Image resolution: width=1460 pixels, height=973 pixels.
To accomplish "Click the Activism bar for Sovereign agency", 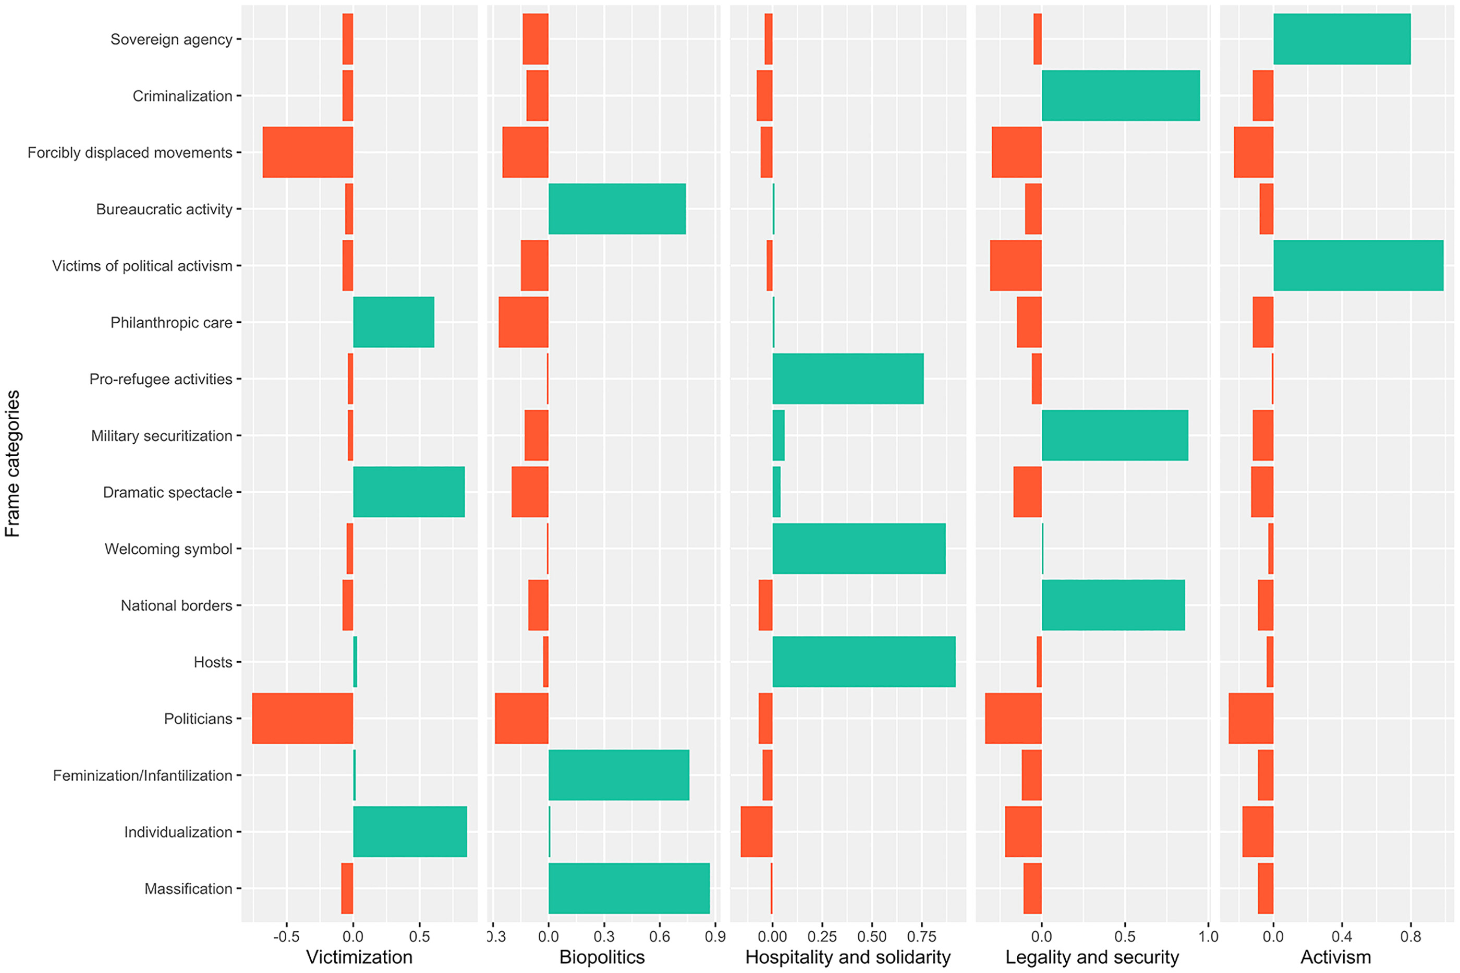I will pyautogui.click(x=1342, y=39).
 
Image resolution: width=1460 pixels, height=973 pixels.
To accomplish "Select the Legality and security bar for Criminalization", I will pyautogui.click(x=1120, y=95).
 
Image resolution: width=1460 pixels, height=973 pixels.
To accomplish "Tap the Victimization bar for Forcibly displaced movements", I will pyautogui.click(x=308, y=152).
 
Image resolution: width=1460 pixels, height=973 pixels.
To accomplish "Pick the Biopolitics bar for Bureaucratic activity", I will pyautogui.click(x=617, y=209).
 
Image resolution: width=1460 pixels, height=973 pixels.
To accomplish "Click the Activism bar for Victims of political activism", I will pyautogui.click(x=1358, y=265).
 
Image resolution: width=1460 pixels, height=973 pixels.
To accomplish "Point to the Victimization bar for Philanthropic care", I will pyautogui.click(x=393, y=322).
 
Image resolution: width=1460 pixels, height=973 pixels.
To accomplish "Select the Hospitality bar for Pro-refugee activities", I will pyautogui.click(x=847, y=379).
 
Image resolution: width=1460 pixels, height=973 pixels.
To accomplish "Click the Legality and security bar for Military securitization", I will pyautogui.click(x=1114, y=435).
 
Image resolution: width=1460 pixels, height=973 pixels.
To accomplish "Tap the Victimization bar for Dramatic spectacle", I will pyautogui.click(x=409, y=492).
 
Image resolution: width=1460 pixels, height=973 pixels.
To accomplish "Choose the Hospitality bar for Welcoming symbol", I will pyautogui.click(x=859, y=549).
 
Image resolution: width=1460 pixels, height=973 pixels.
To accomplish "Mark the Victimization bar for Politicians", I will pyautogui.click(x=302, y=718).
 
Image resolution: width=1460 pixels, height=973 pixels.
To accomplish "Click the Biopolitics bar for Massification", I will pyautogui.click(x=628, y=888).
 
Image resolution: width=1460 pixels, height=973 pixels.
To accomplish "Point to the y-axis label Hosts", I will pyautogui.click(x=212, y=662).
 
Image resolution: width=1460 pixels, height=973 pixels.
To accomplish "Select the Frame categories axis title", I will pyautogui.click(x=13, y=463).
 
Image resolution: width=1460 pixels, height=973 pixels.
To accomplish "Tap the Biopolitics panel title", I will pyautogui.click(x=602, y=957).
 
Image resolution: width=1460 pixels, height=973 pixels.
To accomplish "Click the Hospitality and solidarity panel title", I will pyautogui.click(x=847, y=957).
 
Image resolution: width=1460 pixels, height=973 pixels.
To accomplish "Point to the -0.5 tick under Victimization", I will pyautogui.click(x=287, y=936).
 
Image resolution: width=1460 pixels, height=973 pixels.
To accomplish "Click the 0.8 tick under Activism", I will pyautogui.click(x=1410, y=936).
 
